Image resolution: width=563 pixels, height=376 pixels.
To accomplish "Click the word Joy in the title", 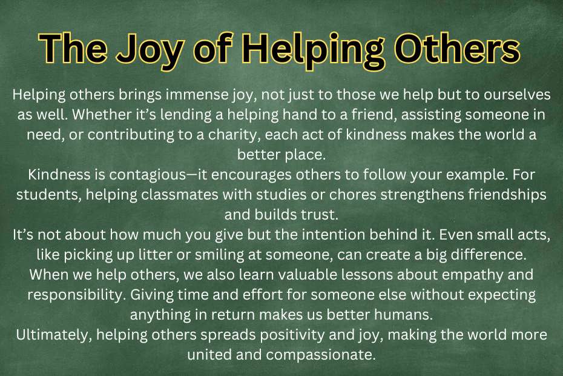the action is click(151, 50).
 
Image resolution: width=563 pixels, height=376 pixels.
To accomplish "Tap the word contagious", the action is click(147, 175).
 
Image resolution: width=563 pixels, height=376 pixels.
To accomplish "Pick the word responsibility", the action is click(76, 295).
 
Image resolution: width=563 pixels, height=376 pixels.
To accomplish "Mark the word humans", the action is click(403, 315).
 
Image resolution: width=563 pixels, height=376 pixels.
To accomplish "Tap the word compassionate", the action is click(321, 355).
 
